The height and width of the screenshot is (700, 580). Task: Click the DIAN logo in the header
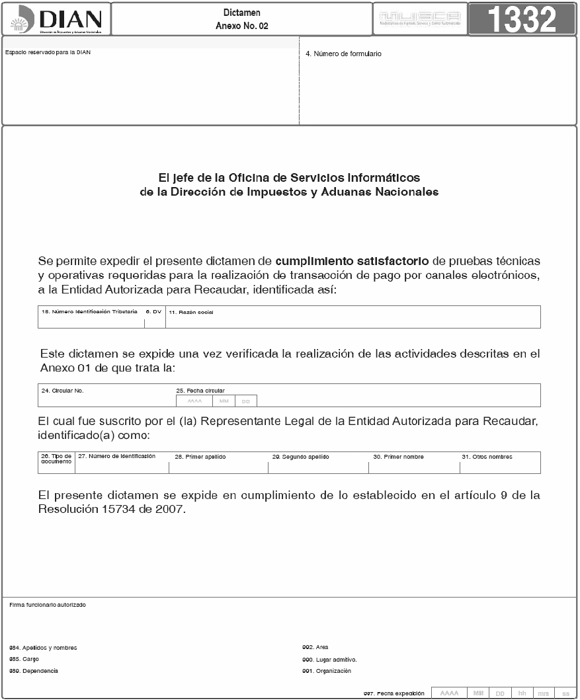point(57,20)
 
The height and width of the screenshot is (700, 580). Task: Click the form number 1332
point(522,20)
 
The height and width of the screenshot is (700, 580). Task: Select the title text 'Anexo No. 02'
point(241,26)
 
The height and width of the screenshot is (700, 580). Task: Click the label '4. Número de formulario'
point(343,54)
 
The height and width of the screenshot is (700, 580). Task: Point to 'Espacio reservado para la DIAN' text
point(48,53)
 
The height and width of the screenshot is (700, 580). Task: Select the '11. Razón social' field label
point(191,312)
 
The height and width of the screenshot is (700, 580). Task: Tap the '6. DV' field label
point(153,311)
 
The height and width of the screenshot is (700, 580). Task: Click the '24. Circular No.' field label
point(62,391)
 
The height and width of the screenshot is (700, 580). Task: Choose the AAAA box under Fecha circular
point(194,401)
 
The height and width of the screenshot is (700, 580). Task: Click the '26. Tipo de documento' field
point(56,459)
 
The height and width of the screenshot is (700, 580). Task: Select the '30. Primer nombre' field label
point(398,457)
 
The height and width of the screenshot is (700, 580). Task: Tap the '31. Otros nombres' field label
point(487,457)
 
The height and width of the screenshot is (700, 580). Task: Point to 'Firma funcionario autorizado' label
point(48,605)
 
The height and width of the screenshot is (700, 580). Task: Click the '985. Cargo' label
point(24,659)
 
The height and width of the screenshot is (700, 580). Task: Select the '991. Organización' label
point(327,671)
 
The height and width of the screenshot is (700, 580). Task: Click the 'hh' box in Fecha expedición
point(522,693)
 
